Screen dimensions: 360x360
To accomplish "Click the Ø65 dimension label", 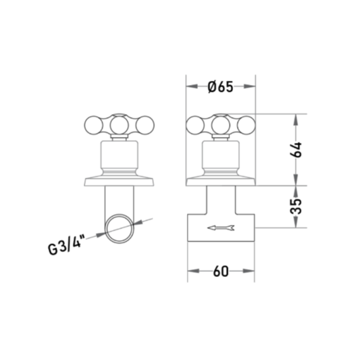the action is pos(220,86).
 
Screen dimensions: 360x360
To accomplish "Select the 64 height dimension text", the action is pos(296,150).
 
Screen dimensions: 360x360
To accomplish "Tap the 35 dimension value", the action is pos(296,207).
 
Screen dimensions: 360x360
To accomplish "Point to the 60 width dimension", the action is pos(221,272).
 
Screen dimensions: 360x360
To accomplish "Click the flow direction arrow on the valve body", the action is pos(221,228).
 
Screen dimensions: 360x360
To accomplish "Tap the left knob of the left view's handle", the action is pos(93,126).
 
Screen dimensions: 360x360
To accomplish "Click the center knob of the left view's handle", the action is pos(119,126).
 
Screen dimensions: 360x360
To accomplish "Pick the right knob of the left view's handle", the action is pos(145,126).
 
